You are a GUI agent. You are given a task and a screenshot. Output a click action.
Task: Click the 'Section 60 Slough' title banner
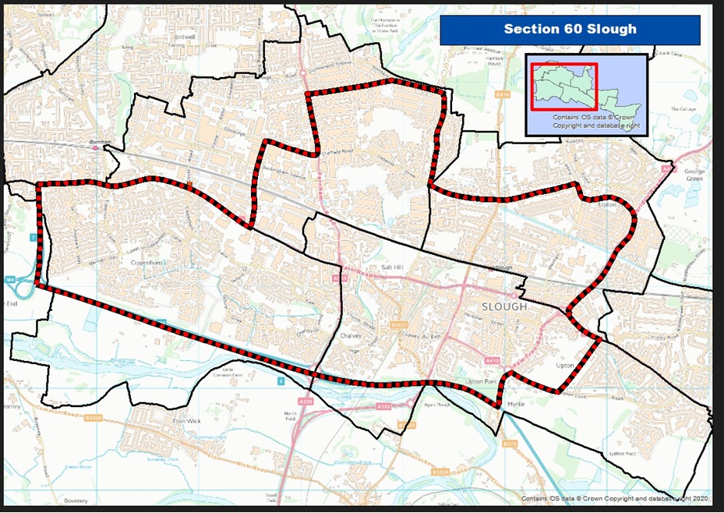(570, 30)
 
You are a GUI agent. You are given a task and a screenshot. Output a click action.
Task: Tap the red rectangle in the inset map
(564, 87)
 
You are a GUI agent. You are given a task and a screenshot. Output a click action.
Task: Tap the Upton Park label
(479, 382)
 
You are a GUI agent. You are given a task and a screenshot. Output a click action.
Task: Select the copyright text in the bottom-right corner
(615, 499)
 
